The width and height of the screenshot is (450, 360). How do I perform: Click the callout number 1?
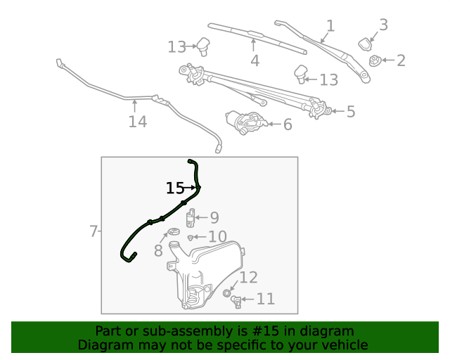click(x=330, y=26)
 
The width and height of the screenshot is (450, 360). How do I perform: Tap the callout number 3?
click(x=383, y=25)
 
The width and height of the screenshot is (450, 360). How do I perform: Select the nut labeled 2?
click(x=375, y=61)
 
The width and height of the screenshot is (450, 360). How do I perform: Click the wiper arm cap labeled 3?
click(x=366, y=44)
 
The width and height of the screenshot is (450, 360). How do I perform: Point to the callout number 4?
click(x=255, y=61)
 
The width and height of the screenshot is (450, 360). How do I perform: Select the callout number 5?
click(x=350, y=111)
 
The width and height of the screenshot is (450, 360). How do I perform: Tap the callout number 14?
click(x=137, y=122)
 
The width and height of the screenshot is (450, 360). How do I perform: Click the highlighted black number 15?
click(x=175, y=188)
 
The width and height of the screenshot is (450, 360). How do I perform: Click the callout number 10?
click(x=217, y=237)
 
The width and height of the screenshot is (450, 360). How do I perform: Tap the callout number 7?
click(x=93, y=231)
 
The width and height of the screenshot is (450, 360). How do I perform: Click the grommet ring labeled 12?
click(x=227, y=292)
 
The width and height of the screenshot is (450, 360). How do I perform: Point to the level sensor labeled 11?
click(x=237, y=302)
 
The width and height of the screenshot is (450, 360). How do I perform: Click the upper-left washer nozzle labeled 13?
click(x=203, y=46)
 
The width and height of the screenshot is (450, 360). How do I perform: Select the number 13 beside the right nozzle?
click(x=329, y=80)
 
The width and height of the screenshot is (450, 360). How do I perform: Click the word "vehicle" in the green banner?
click(x=342, y=345)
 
